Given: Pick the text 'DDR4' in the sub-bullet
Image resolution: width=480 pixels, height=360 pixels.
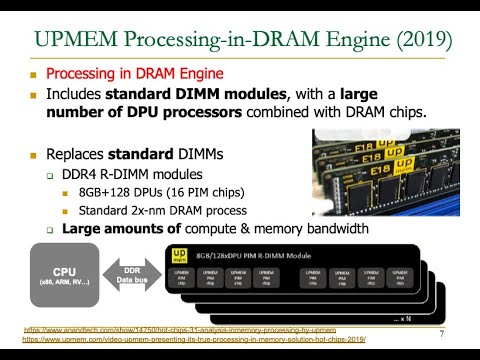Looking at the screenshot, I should pos(80,174).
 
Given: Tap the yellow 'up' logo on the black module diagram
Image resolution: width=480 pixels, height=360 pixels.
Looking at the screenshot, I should pos(176,255).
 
